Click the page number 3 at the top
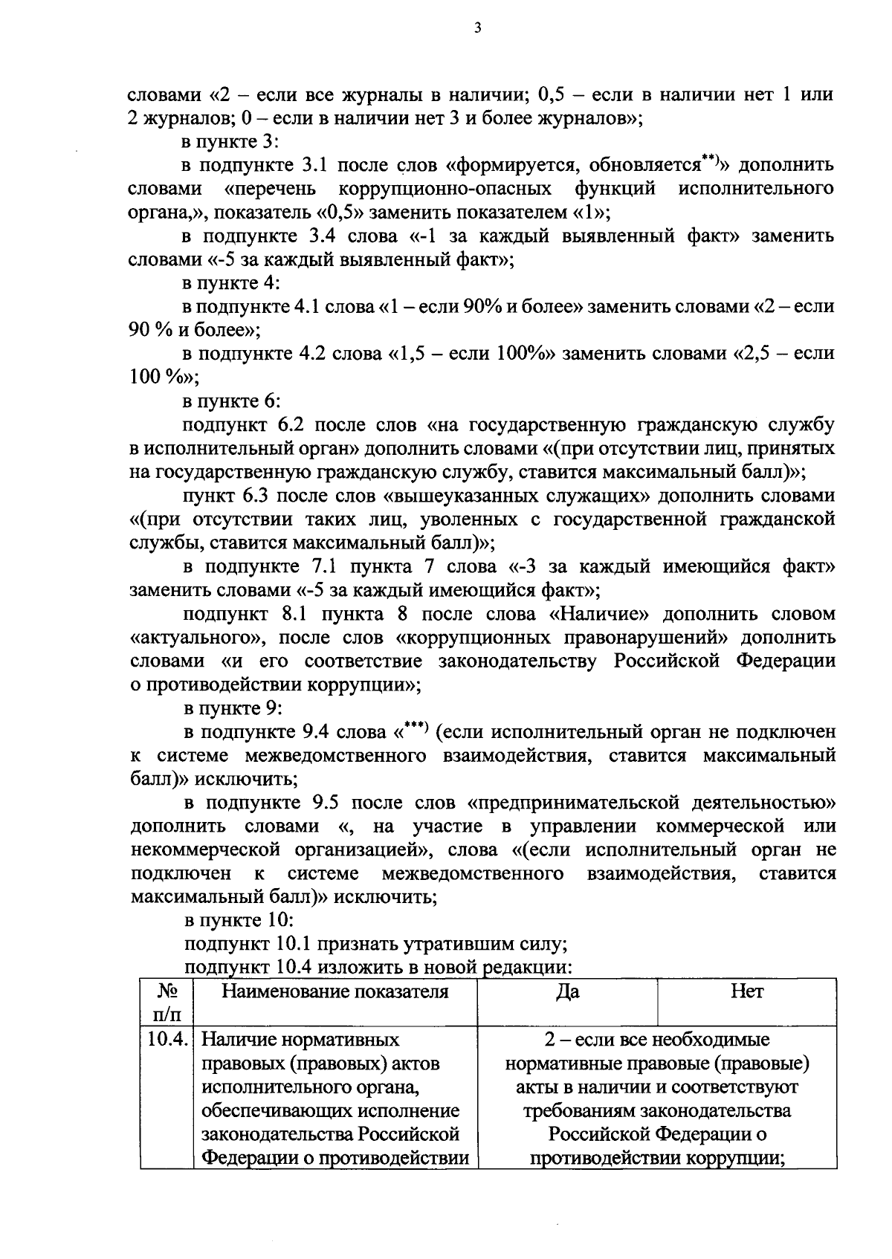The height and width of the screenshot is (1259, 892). click(x=477, y=29)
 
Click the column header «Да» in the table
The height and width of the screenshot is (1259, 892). click(x=568, y=991)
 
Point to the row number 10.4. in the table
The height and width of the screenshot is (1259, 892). click(x=167, y=1039)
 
